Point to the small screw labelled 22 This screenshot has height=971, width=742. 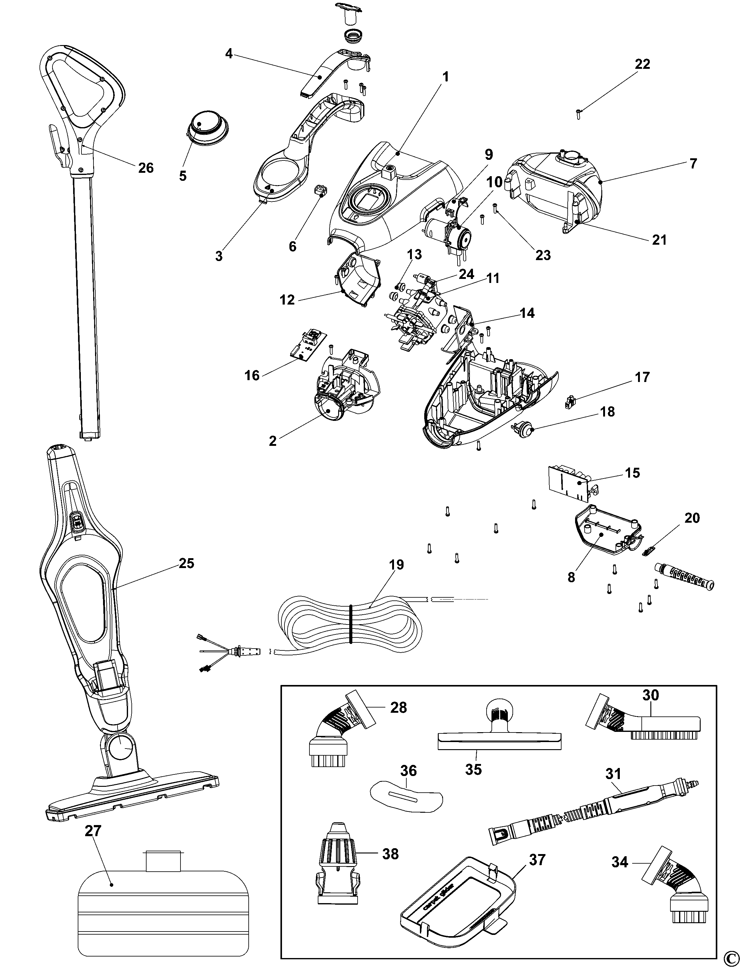coord(578,114)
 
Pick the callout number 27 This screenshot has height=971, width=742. coord(93,831)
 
